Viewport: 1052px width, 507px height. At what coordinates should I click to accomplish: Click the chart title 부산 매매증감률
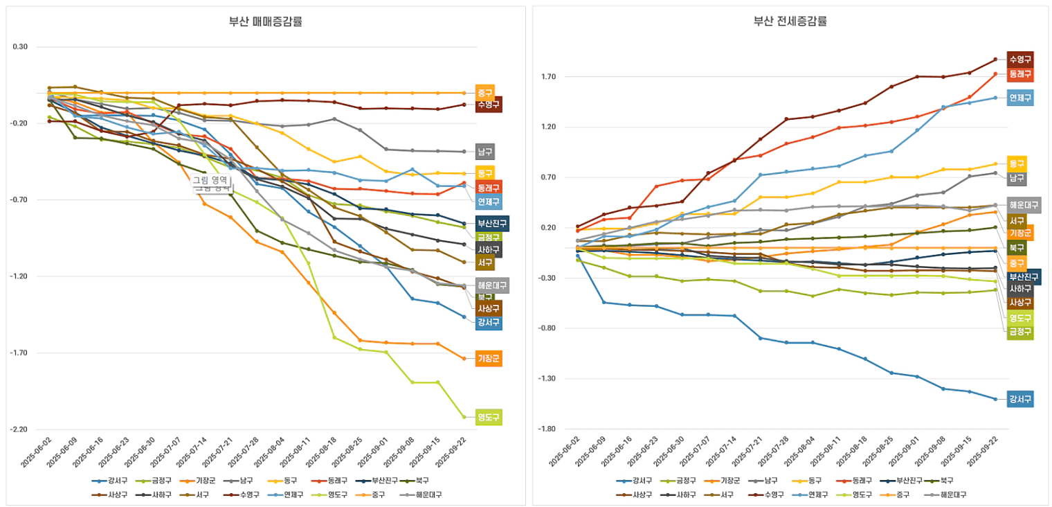coord(266,21)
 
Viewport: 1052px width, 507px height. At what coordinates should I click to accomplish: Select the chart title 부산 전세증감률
coord(790,21)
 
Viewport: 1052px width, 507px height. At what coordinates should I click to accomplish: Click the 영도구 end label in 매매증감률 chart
coord(488,417)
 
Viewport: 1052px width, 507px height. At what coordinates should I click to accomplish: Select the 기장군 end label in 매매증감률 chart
coord(488,359)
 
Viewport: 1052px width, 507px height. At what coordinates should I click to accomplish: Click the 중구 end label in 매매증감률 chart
coord(484,92)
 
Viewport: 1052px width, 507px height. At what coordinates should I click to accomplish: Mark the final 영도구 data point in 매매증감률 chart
coord(464,417)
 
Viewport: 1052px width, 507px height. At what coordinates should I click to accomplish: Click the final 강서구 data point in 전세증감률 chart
coord(995,399)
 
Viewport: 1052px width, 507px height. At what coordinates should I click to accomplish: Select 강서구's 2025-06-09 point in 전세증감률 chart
coord(604,303)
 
